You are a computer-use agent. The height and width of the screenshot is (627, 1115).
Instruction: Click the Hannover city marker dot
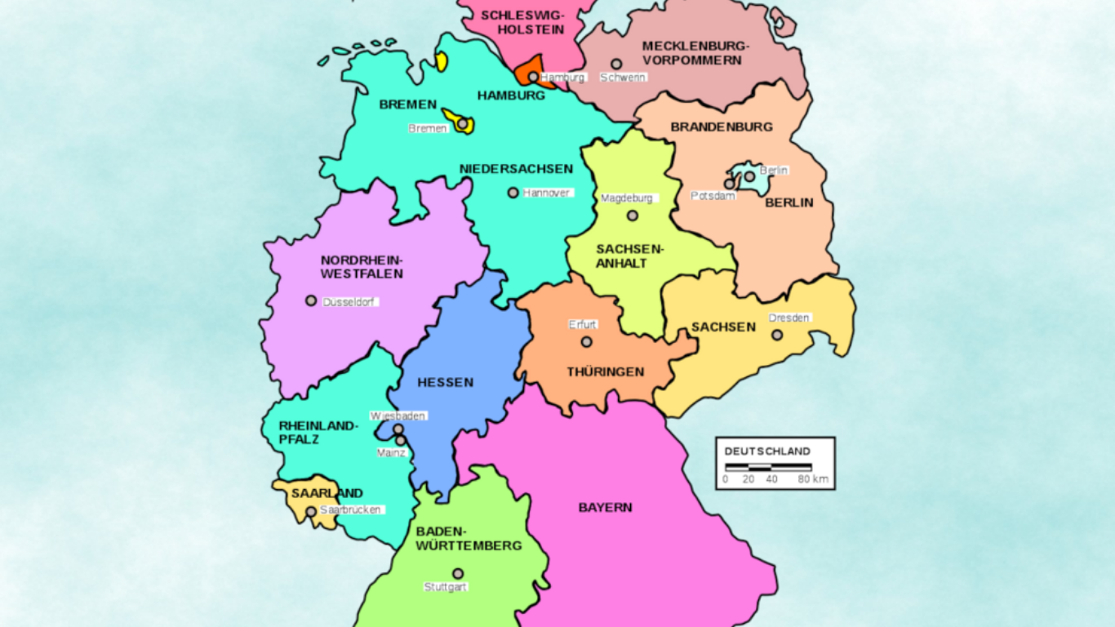tap(513, 193)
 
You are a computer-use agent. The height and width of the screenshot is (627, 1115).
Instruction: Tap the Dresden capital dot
tap(777, 335)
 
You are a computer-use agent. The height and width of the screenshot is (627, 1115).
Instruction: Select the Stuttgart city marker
tap(458, 574)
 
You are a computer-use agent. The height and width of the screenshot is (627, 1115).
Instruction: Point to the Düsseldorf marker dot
tap(311, 300)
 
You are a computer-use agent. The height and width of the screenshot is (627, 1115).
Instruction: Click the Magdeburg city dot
tap(632, 216)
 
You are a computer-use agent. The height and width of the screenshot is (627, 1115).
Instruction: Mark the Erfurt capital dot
tap(586, 342)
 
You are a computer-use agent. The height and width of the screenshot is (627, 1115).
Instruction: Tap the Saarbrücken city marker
tap(311, 512)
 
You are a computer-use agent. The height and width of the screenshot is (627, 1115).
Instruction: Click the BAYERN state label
tap(605, 508)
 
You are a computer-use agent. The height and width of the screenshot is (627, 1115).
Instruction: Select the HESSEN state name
tap(445, 382)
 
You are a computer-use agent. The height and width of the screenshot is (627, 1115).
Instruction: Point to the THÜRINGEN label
tap(606, 372)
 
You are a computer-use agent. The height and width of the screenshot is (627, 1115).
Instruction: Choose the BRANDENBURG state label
tap(722, 127)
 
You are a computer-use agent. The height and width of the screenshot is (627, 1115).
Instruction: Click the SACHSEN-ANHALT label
tap(622, 256)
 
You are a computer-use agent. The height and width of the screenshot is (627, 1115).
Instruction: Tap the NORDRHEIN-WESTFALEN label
tap(362, 267)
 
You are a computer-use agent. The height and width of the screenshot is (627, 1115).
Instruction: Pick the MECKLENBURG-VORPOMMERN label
tap(695, 53)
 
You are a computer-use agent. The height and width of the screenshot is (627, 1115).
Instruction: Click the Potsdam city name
tap(713, 197)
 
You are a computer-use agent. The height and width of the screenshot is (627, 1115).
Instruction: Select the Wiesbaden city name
tap(398, 416)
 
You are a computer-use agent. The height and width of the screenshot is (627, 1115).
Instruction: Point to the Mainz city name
tap(391, 453)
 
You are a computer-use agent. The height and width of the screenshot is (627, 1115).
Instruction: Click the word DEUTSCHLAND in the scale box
tap(767, 451)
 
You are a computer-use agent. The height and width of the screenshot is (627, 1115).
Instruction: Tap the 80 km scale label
tap(813, 479)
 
